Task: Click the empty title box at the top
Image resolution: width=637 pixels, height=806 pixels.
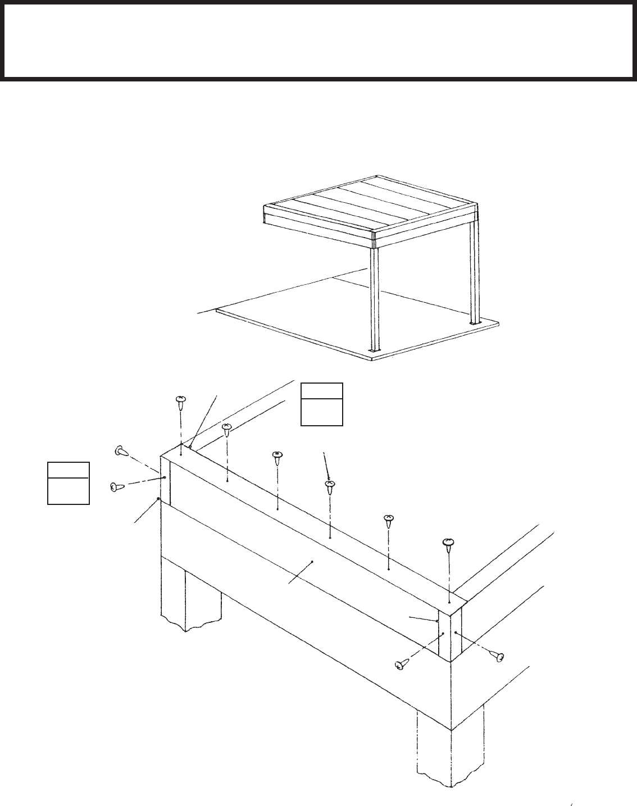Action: pyautogui.click(x=318, y=40)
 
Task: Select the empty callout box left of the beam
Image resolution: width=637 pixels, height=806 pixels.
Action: pyautogui.click(x=68, y=483)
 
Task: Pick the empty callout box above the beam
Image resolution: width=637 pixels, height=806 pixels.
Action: pyautogui.click(x=321, y=404)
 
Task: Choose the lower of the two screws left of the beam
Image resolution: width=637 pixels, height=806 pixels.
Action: pyautogui.click(x=117, y=487)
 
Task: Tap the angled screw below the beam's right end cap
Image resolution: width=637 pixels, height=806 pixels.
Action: pyautogui.click(x=401, y=665)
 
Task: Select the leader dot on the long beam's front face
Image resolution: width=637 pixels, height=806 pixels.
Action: pyautogui.click(x=312, y=561)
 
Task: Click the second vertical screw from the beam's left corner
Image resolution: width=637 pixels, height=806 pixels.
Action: pyautogui.click(x=226, y=431)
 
